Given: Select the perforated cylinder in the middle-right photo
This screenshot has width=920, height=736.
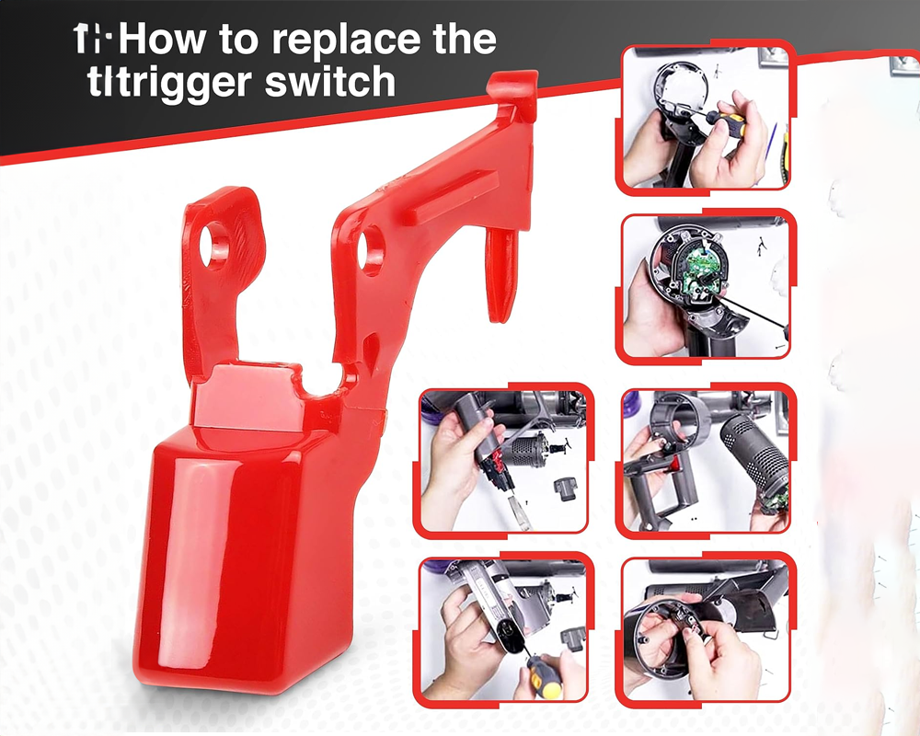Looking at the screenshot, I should [754, 451].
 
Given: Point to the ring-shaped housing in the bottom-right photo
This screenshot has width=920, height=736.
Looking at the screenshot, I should [662, 635].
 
